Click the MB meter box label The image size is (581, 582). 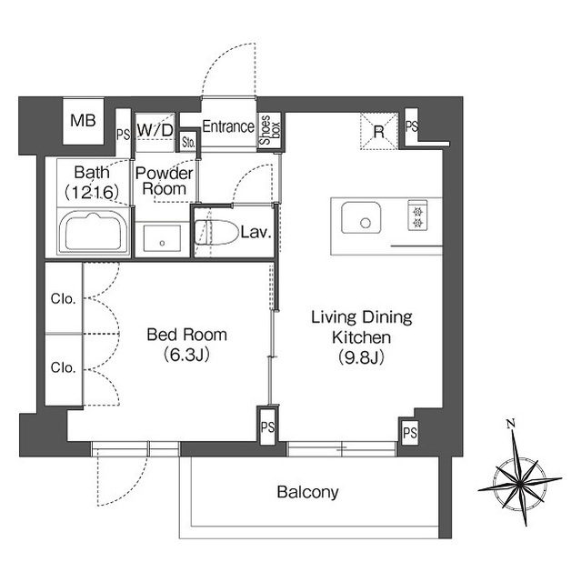point(83,120)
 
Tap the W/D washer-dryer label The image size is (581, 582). point(155,130)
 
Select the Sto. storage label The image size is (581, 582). point(188,142)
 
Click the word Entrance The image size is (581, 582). point(228,126)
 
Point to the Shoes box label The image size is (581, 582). point(270,130)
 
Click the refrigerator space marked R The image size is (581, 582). point(379,131)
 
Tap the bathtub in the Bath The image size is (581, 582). point(94,232)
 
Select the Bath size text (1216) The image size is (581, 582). point(92,192)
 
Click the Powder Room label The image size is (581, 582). point(164,181)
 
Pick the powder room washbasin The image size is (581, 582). point(162,238)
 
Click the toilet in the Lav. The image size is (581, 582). point(216,233)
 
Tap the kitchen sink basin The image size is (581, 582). point(361,217)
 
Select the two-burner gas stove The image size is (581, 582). point(417,216)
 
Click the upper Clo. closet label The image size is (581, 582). point(64,298)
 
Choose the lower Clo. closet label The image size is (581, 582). point(64,367)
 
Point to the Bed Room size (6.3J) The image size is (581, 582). point(186,355)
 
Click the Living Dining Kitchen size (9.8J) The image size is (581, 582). point(361,357)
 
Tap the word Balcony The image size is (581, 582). point(308,493)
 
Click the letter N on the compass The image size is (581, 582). point(511,423)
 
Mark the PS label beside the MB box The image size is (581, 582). point(123,135)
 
